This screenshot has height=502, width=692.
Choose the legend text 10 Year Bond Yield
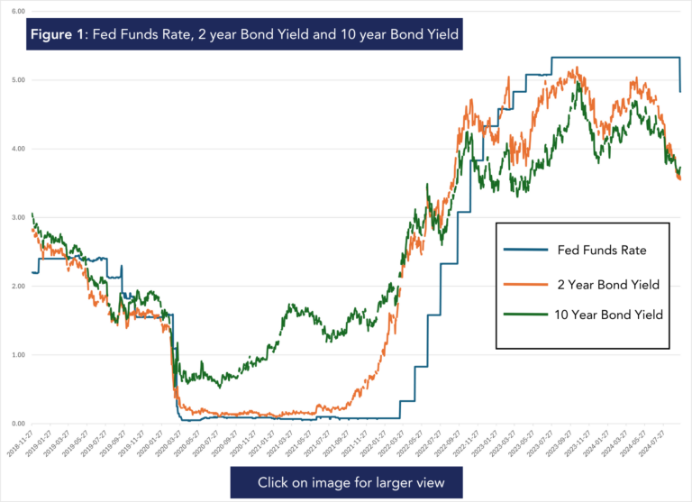pos(608,315)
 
